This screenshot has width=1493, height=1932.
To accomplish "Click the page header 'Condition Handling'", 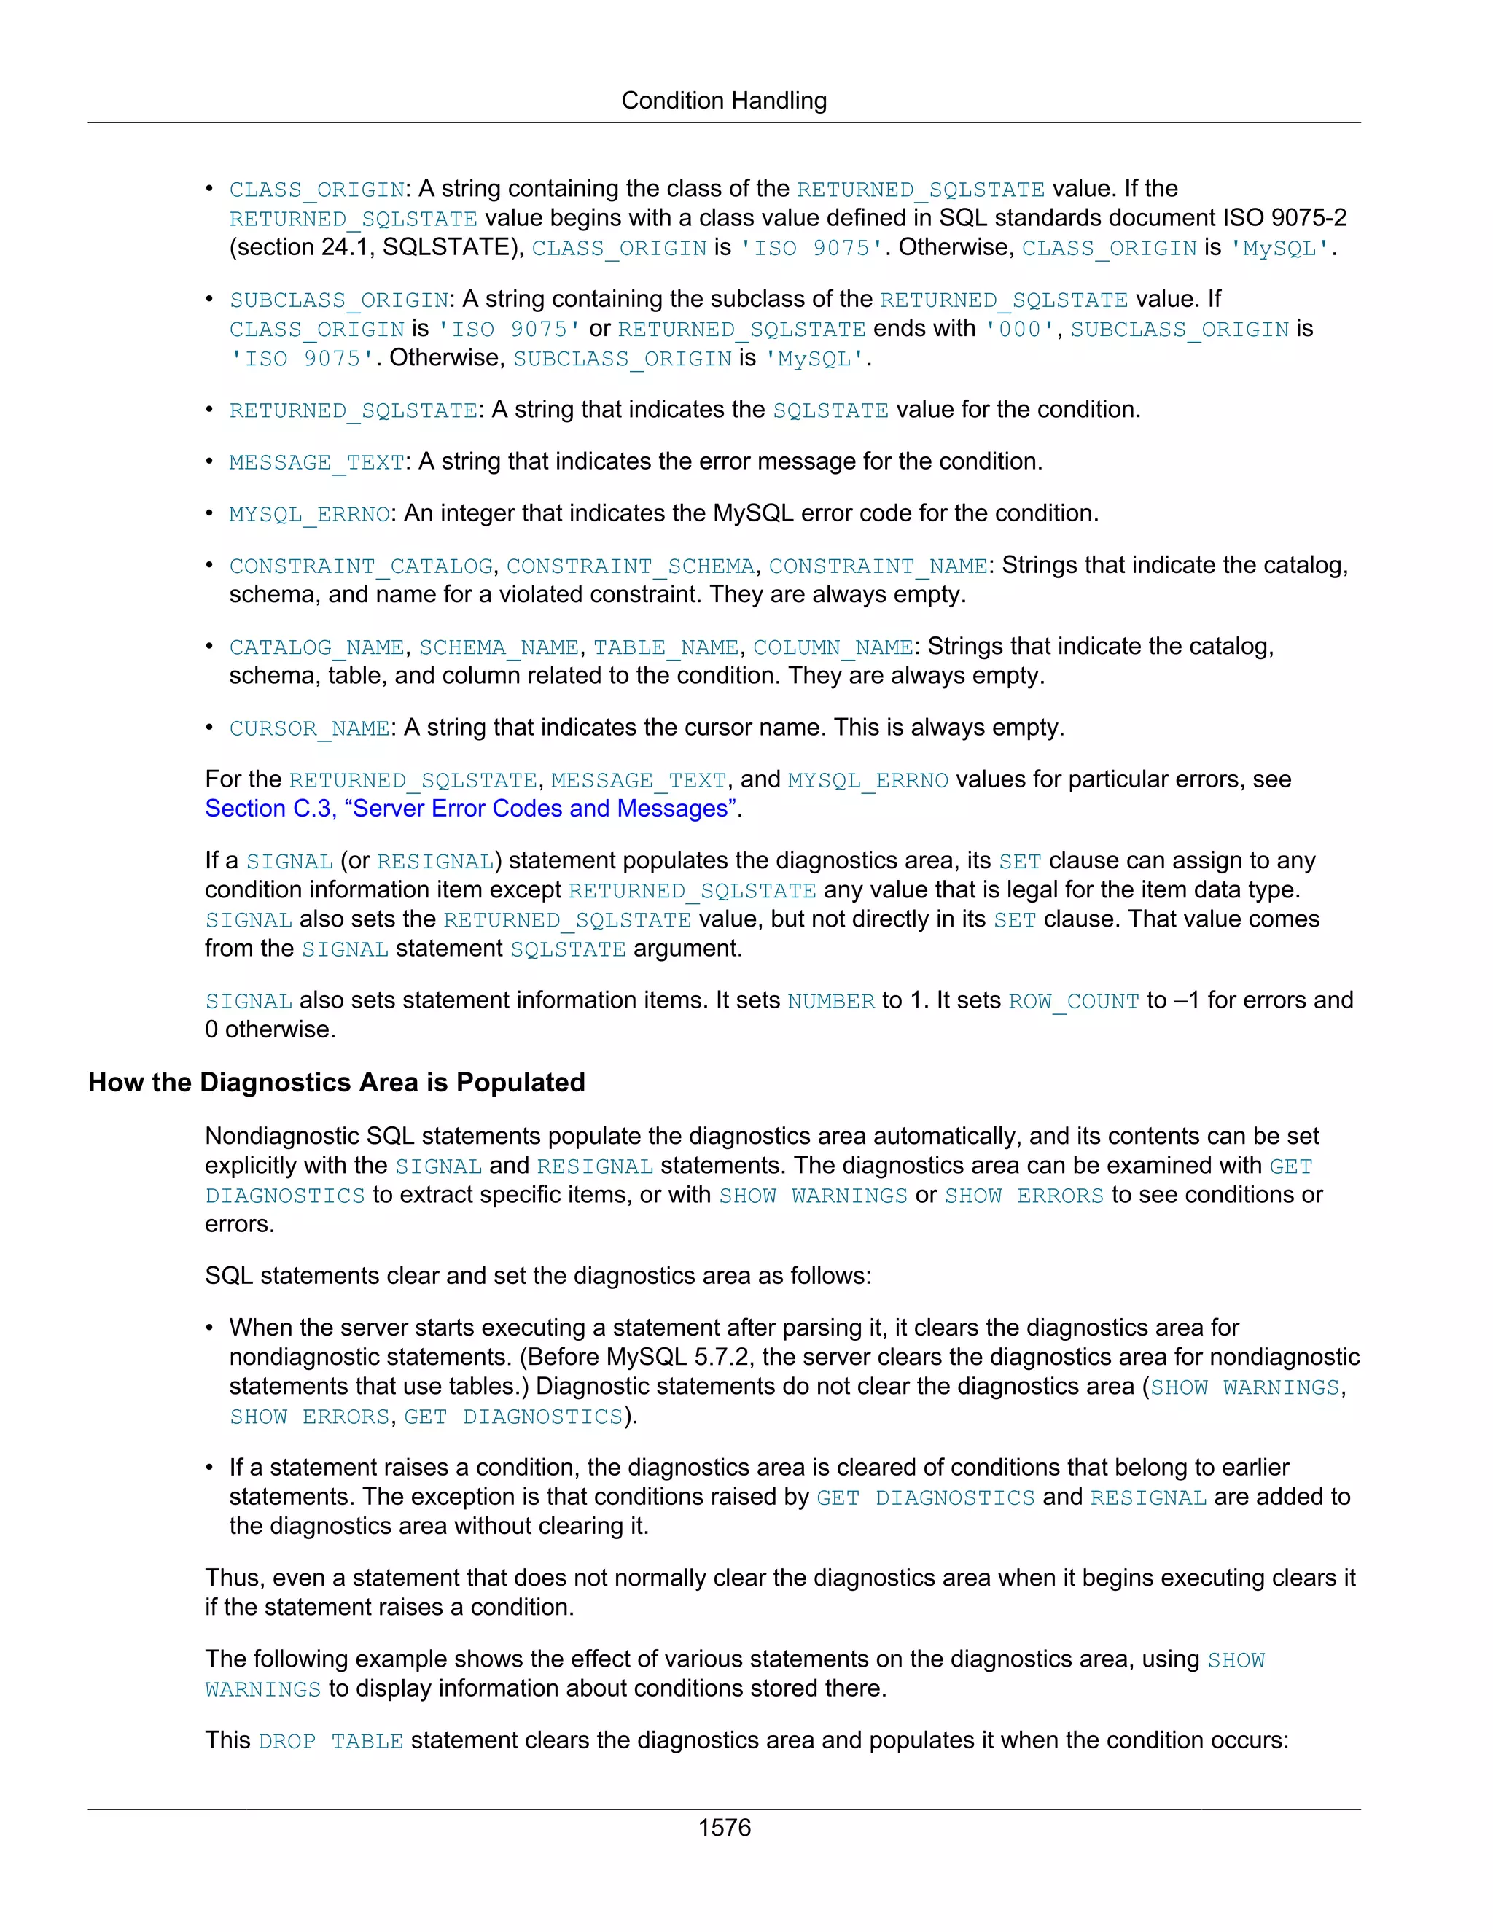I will [723, 101].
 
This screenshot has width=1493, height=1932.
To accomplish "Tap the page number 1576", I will [723, 1828].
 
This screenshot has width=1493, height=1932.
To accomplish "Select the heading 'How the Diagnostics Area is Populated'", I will [336, 1082].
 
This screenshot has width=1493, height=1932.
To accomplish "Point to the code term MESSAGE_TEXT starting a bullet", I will [316, 463].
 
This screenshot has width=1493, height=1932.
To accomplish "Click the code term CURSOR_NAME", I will [308, 729].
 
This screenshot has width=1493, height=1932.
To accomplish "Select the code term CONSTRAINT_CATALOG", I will [361, 566].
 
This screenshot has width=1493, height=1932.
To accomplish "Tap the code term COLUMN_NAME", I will [833, 647].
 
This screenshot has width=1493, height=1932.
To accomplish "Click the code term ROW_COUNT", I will [1073, 1002].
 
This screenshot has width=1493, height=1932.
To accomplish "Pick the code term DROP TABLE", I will [331, 1741].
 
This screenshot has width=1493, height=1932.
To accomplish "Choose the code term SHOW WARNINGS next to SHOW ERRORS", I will [813, 1196].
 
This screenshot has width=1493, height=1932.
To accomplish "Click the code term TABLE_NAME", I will [665, 647].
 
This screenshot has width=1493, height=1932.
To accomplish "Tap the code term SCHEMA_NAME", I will [499, 647].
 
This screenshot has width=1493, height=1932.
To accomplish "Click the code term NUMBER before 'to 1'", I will [830, 1002].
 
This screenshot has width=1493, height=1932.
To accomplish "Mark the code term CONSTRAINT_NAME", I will [878, 566].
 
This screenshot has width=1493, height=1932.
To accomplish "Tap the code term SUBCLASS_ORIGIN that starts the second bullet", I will [339, 301].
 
